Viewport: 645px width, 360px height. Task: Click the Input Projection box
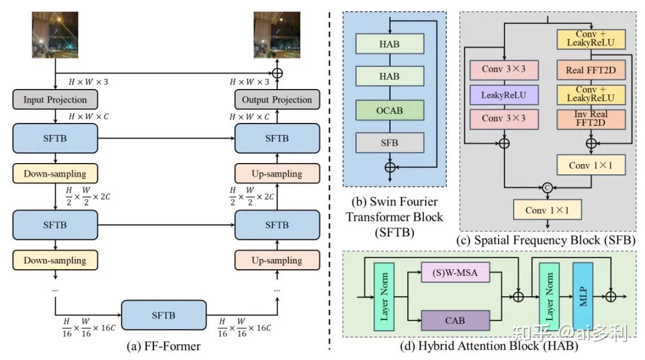(x=55, y=100)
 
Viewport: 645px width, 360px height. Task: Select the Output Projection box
(x=277, y=100)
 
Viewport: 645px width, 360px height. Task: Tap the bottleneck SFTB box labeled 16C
(x=164, y=315)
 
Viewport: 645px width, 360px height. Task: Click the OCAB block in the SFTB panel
(x=389, y=110)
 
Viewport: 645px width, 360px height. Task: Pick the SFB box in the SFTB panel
(x=389, y=142)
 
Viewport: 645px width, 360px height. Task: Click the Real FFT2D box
(x=591, y=70)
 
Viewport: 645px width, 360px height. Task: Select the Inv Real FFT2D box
(x=591, y=118)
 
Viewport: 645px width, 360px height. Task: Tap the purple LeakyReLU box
(x=504, y=95)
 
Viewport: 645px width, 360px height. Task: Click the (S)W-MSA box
(x=455, y=272)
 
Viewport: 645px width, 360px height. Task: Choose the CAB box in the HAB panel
(x=455, y=321)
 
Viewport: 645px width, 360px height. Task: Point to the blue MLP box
(x=583, y=297)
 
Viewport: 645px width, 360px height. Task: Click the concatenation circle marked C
(x=547, y=187)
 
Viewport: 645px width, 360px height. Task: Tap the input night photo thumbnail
(x=55, y=35)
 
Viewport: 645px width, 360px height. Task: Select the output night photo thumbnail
(x=277, y=35)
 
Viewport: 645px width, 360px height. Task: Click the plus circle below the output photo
(x=277, y=73)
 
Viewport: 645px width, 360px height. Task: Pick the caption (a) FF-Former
(x=163, y=346)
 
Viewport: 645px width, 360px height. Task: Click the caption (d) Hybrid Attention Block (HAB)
(x=489, y=346)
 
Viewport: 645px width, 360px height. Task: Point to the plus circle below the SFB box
(x=390, y=167)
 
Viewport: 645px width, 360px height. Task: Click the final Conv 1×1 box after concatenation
(x=547, y=210)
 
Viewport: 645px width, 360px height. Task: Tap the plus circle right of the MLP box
(x=611, y=296)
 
